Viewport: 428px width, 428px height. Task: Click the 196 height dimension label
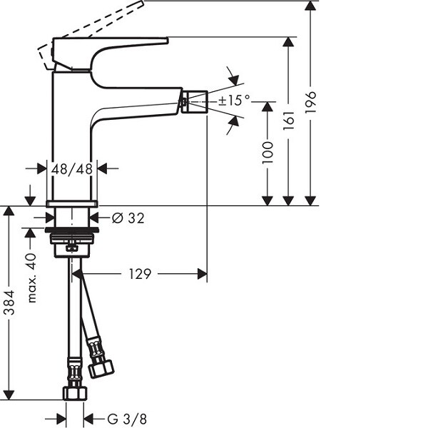pos(310,102)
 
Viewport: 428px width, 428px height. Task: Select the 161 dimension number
pos(289,120)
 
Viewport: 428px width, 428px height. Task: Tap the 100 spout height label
pos(267,153)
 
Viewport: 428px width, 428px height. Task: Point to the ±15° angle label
pos(234,100)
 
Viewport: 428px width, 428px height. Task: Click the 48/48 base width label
pos(72,169)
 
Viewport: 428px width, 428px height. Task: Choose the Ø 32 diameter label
pos(128,218)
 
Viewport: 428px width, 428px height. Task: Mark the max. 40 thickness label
pos(32,277)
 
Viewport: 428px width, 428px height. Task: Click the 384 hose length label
pos(10,302)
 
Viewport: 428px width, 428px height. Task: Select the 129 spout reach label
pos(140,274)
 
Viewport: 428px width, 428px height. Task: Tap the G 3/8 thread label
pos(127,419)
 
